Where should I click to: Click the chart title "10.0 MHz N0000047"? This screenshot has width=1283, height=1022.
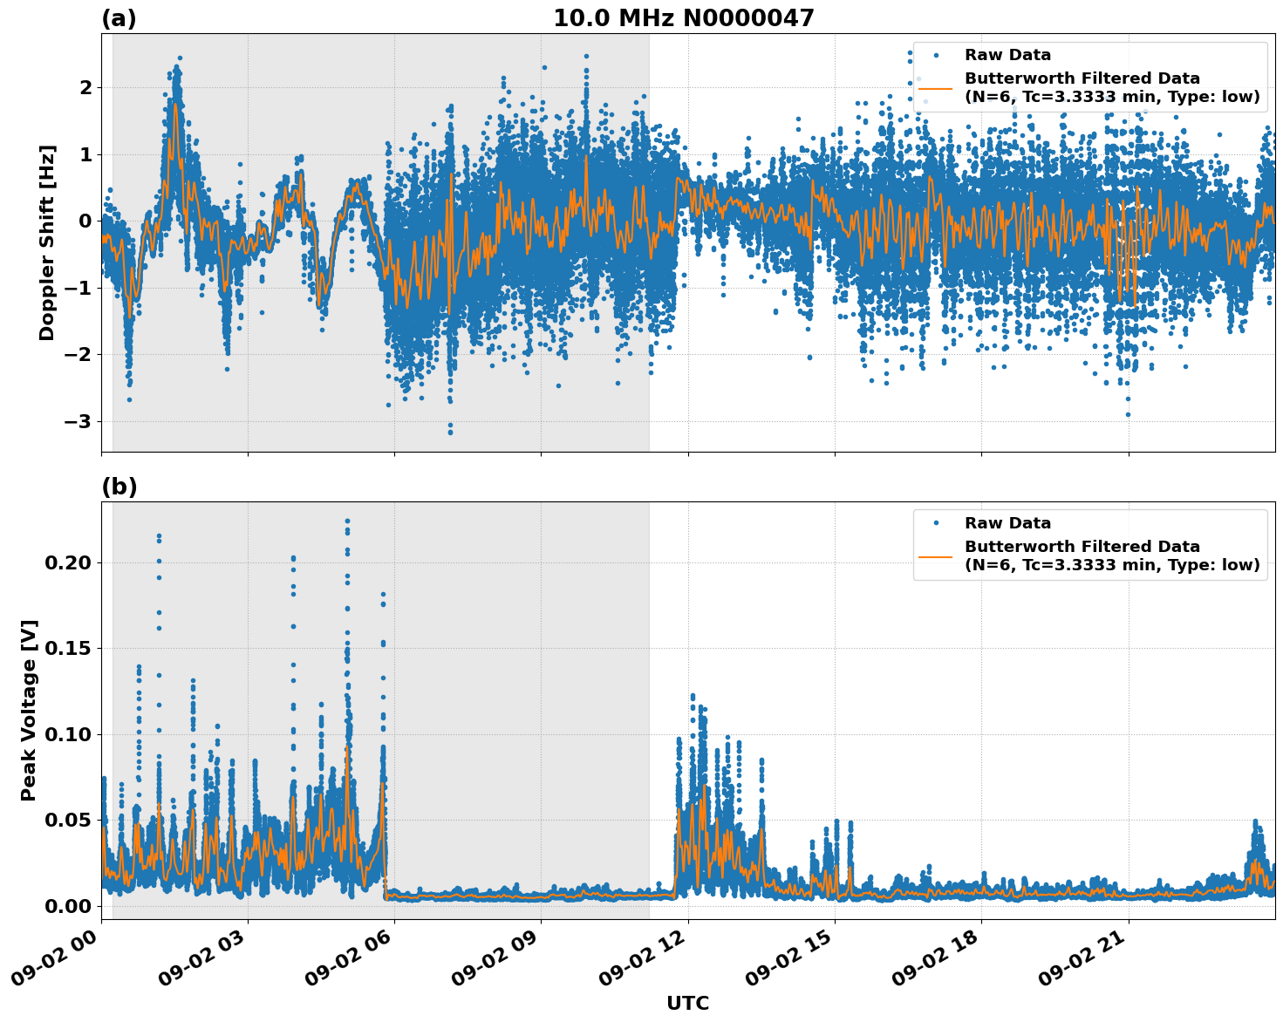pos(683,18)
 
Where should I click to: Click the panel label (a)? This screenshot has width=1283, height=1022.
pos(119,18)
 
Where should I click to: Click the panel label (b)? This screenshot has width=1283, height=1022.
pos(119,487)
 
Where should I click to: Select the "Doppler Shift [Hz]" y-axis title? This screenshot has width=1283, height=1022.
pos(47,242)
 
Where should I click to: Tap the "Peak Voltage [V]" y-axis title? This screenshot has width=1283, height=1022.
pos(29,710)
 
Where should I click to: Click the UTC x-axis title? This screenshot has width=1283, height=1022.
pos(687,1003)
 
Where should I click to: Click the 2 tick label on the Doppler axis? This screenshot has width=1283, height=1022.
pos(85,87)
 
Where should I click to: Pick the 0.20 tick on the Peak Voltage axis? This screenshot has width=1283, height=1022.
pos(68,562)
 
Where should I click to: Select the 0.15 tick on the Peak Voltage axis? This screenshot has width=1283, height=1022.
pos(68,648)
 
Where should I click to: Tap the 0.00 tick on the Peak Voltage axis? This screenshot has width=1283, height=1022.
pos(68,906)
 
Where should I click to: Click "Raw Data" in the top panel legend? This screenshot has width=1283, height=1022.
pos(1007,55)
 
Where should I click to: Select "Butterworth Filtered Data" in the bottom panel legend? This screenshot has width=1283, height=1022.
pos(1082,547)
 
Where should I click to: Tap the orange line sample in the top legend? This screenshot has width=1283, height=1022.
pos(936,88)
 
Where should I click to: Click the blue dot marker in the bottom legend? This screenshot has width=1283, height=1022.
pos(936,523)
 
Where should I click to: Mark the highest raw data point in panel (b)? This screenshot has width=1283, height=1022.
pos(347,521)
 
